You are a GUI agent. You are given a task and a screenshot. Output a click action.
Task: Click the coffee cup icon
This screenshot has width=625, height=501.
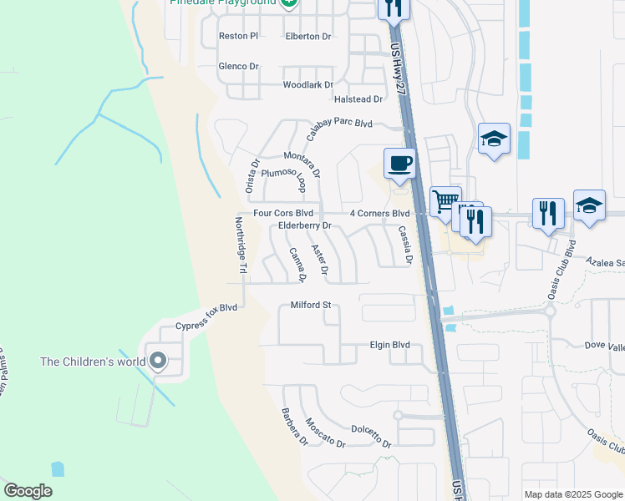399,163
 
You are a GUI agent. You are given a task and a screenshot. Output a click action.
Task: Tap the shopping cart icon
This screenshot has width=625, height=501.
445,200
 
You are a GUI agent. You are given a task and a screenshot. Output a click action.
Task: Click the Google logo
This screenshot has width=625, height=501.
28,491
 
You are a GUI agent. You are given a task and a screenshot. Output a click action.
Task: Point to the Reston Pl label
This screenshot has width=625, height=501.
238,37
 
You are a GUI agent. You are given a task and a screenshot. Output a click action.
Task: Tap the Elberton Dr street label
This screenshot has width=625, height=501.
308,37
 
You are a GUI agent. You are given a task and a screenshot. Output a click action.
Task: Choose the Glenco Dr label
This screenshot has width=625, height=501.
238,66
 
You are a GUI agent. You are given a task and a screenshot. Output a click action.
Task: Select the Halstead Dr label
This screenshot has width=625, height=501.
358,99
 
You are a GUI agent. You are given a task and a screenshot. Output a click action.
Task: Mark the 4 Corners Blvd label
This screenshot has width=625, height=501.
379,214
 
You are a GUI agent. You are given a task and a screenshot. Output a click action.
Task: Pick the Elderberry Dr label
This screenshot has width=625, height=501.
305,225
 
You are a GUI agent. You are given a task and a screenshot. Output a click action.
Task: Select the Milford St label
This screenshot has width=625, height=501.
311,306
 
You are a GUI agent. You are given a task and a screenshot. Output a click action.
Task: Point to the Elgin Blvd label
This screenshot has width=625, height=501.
389,345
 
